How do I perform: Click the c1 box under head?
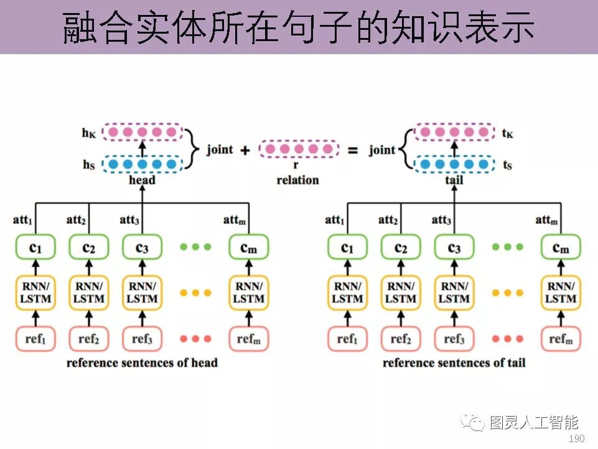click(x=35, y=247)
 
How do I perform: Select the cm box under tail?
click(x=561, y=247)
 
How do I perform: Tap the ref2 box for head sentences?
click(x=89, y=339)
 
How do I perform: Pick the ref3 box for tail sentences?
click(x=454, y=339)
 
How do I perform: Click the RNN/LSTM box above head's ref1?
click(x=35, y=292)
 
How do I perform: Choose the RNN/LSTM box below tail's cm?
click(x=561, y=292)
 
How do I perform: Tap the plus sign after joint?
click(x=245, y=149)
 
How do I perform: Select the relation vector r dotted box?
click(x=299, y=149)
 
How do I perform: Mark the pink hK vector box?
click(x=142, y=133)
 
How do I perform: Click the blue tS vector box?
click(x=454, y=164)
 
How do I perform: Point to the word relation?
click(x=297, y=180)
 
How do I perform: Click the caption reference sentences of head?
click(x=142, y=362)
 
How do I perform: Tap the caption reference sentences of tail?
click(x=454, y=362)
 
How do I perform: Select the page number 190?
click(x=577, y=439)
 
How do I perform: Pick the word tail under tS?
click(x=454, y=180)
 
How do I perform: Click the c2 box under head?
click(x=89, y=247)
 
